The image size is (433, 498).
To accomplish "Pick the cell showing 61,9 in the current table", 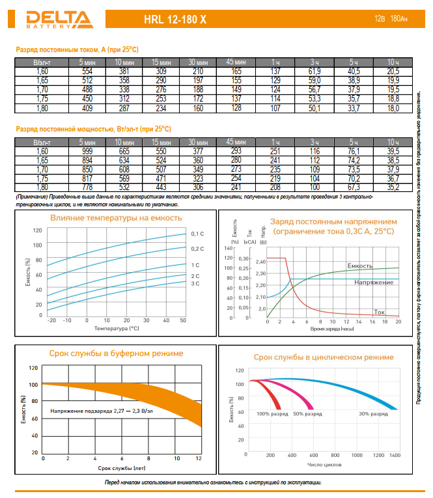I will click(x=314, y=70).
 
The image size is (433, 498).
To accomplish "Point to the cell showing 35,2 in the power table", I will click(x=393, y=187).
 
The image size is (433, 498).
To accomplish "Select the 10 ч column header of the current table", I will click(x=393, y=61).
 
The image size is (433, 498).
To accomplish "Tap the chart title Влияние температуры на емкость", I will click(x=116, y=218).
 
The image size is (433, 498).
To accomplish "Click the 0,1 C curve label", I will click(x=198, y=234).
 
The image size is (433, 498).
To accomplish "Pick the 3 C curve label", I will click(x=195, y=284).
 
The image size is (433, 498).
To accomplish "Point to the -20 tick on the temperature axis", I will click(x=52, y=320).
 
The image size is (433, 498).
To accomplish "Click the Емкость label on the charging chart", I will click(x=359, y=266).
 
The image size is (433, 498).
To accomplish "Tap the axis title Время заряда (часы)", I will click(x=332, y=329).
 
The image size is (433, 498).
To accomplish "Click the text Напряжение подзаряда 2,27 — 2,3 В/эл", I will click(x=102, y=411).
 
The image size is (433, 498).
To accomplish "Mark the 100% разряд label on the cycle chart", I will click(x=272, y=414).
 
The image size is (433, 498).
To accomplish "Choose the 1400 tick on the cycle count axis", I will click(x=395, y=456).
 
